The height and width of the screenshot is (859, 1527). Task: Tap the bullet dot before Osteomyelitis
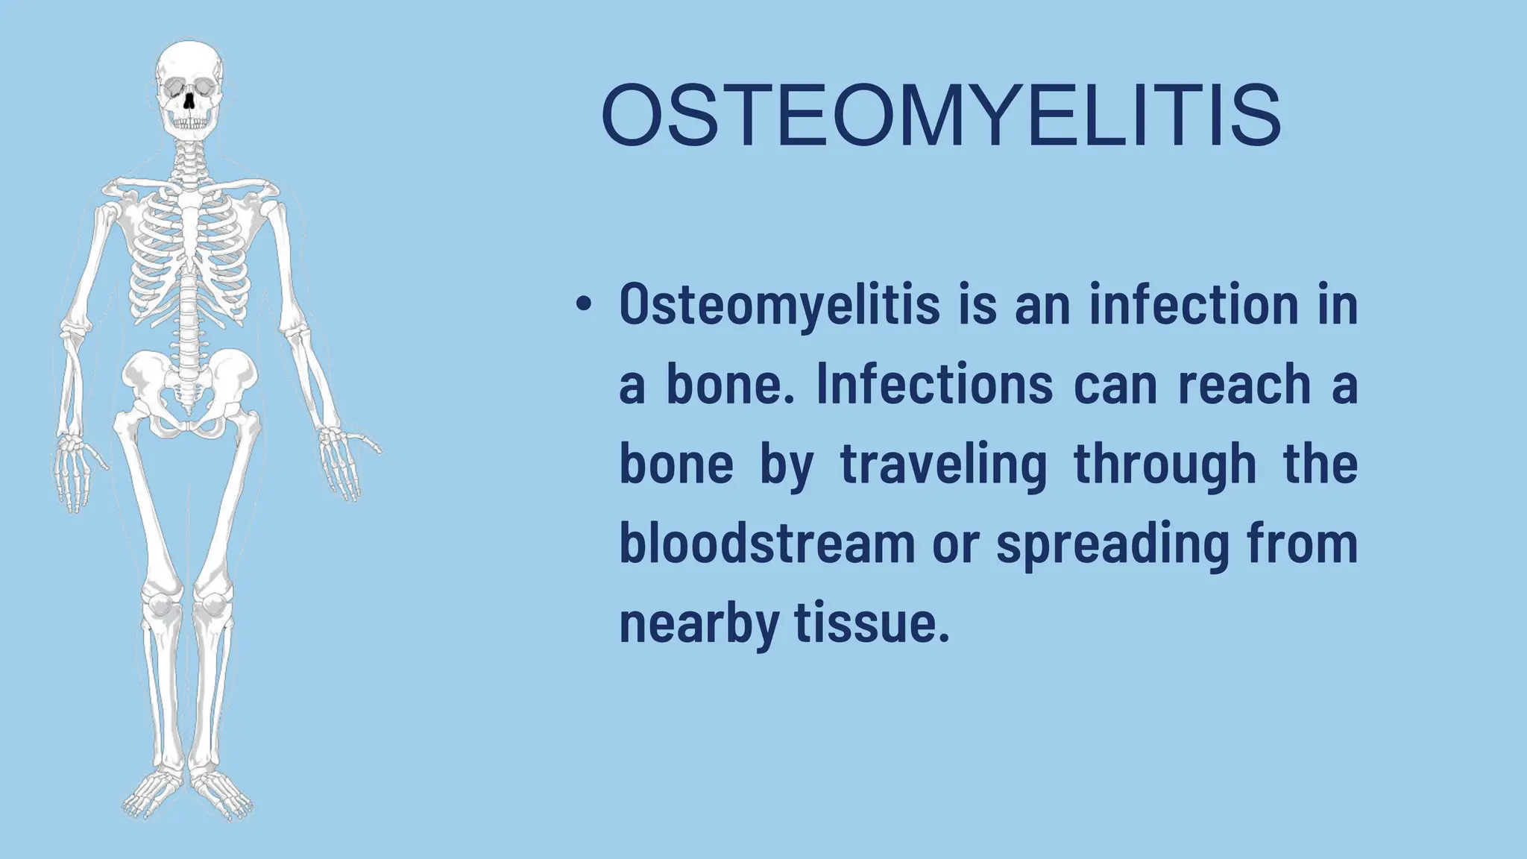tap(583, 306)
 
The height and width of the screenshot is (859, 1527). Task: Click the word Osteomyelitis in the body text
tap(779, 306)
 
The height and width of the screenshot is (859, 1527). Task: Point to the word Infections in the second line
tap(934, 385)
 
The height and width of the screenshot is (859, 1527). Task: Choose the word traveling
tap(944, 465)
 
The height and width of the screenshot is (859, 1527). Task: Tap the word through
tap(1165, 465)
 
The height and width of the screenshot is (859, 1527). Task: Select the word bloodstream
tap(767, 544)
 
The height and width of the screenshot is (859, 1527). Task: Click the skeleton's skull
tap(189, 86)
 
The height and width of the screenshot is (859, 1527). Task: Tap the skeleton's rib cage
tap(189, 254)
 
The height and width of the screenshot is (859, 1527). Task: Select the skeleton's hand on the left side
tap(75, 470)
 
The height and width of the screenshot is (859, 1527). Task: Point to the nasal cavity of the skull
tap(189, 101)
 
